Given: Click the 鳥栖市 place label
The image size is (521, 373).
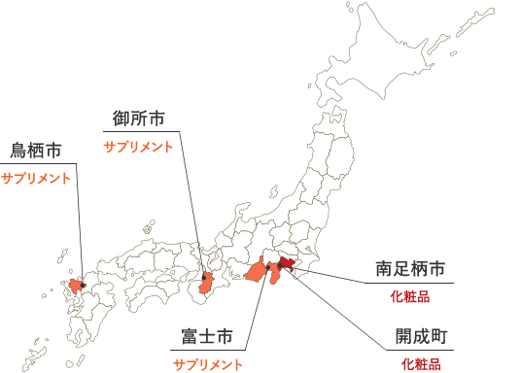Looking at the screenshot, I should [x=36, y=151].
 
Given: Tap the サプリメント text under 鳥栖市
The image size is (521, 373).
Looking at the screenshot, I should [x=36, y=179].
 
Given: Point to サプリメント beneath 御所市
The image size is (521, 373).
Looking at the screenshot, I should [x=138, y=147].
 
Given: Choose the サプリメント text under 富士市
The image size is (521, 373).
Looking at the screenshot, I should [x=207, y=364].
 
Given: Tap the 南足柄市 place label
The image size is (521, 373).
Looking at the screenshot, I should [x=410, y=267].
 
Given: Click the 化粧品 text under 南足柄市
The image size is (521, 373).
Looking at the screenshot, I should [x=409, y=294].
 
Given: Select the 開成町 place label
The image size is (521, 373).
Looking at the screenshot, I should [x=421, y=337].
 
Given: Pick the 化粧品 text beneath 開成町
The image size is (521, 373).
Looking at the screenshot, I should [x=421, y=364].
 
